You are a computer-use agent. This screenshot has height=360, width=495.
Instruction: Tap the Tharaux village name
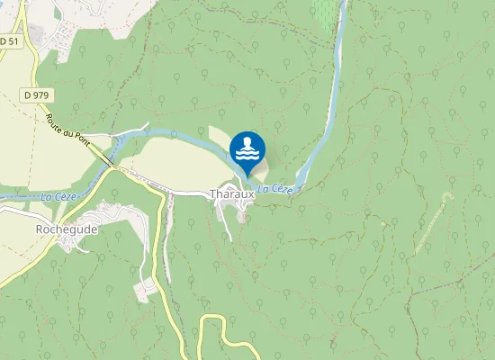pyautogui.click(x=228, y=193)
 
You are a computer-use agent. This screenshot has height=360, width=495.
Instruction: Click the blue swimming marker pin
pyautogui.click(x=247, y=150)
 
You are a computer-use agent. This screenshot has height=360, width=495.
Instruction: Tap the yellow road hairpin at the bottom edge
pyautogui.click(x=212, y=320)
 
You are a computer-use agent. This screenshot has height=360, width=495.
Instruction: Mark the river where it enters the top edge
pyautogui.click(x=342, y=4)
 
